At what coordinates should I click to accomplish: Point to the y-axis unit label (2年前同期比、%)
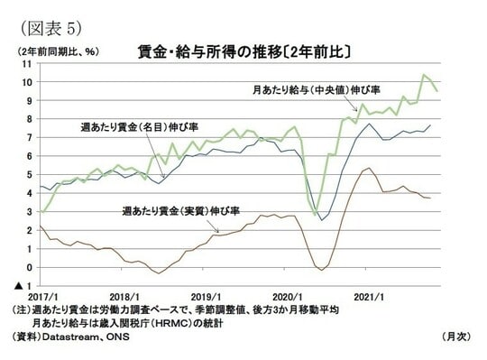(57, 51)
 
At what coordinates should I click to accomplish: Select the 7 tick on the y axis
(30, 137)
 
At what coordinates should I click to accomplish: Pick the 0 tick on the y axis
(30, 267)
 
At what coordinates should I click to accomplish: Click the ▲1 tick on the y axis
(25, 286)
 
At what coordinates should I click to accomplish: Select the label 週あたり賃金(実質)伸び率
(180, 210)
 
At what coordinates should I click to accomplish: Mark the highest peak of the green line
(424, 75)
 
